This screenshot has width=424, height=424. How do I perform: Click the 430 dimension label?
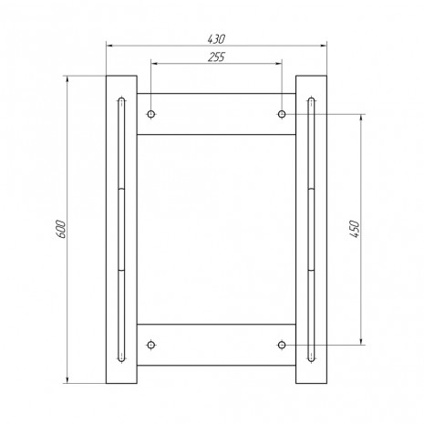(x=216, y=39)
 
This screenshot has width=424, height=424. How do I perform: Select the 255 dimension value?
(x=216, y=57)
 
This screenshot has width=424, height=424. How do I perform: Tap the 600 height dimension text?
(x=61, y=229)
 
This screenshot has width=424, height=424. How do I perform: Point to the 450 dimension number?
(x=355, y=229)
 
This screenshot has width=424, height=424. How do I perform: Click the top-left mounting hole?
(x=151, y=114)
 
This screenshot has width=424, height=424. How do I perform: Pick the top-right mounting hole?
(x=282, y=114)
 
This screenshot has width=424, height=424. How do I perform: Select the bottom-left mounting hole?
(x=151, y=345)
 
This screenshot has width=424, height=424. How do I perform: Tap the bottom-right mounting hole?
(x=282, y=345)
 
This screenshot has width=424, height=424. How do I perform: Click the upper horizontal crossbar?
(x=216, y=114)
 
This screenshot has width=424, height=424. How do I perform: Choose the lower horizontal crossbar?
(x=216, y=345)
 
